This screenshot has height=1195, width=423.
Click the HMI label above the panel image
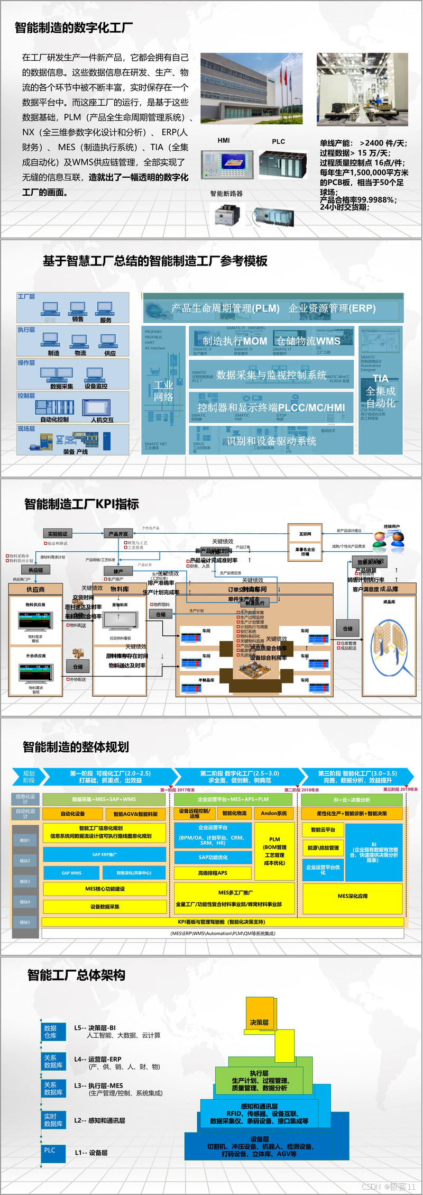224,141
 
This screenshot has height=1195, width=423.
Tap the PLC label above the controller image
279,142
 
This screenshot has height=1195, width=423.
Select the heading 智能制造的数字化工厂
73,28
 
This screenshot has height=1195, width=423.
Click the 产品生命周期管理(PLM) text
225,308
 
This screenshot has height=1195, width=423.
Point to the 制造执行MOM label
235,341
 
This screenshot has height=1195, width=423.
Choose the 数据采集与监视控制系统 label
271,375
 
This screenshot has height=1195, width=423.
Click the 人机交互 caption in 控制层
102,420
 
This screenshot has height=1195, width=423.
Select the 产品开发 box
118,534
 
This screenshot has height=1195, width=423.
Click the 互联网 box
305,534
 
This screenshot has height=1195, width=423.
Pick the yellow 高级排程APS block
213,873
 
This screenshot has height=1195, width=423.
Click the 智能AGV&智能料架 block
135,814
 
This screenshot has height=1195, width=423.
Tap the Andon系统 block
274,813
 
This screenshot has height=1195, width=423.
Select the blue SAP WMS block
71,873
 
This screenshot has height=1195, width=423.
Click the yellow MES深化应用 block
353,896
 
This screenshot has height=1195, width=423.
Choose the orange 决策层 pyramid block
259,1023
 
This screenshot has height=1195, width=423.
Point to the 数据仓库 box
53,1032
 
